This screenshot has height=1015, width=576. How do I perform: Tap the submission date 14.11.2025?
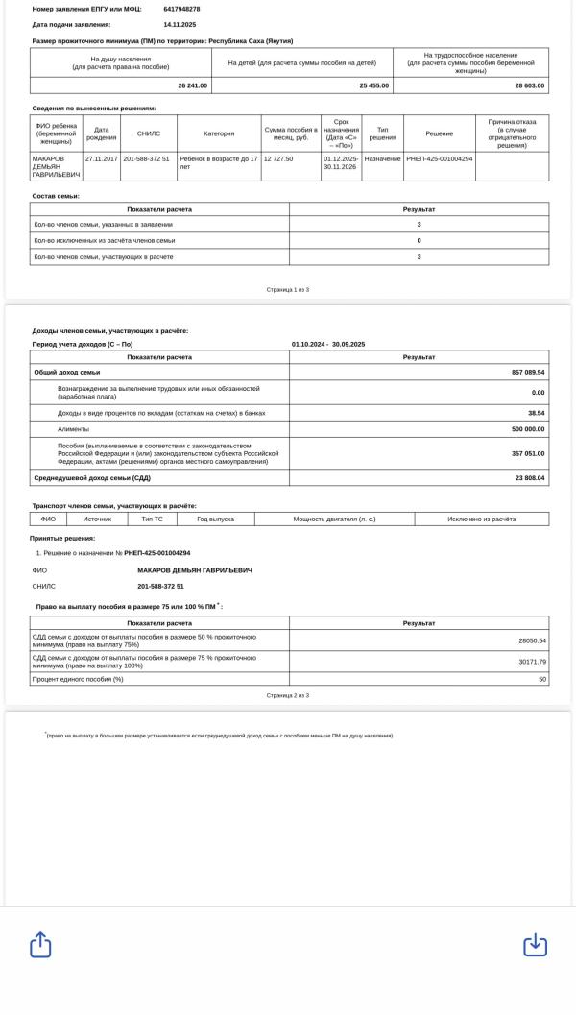pos(180,24)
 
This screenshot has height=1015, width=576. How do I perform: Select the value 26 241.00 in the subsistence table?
pos(192,85)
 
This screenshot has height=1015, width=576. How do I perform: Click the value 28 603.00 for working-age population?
pos(529,85)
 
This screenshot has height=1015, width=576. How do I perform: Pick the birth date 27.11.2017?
pos(101,158)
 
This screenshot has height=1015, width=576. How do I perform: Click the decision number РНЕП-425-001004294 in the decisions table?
pos(439,158)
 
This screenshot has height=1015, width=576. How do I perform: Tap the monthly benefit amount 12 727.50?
pos(278,158)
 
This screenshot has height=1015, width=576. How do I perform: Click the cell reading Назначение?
pos(382,158)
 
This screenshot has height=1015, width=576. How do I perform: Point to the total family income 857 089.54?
pos(528,372)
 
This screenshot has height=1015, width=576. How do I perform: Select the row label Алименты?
pos(73,429)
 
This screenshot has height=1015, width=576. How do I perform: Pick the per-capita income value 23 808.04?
pos(528,477)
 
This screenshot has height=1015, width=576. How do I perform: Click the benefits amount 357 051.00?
pos(528,453)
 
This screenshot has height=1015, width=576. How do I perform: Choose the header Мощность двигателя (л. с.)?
pos(334,519)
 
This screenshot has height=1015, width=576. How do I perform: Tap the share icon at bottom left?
pos(40,945)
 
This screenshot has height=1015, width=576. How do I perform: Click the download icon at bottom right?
pos(535,945)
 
